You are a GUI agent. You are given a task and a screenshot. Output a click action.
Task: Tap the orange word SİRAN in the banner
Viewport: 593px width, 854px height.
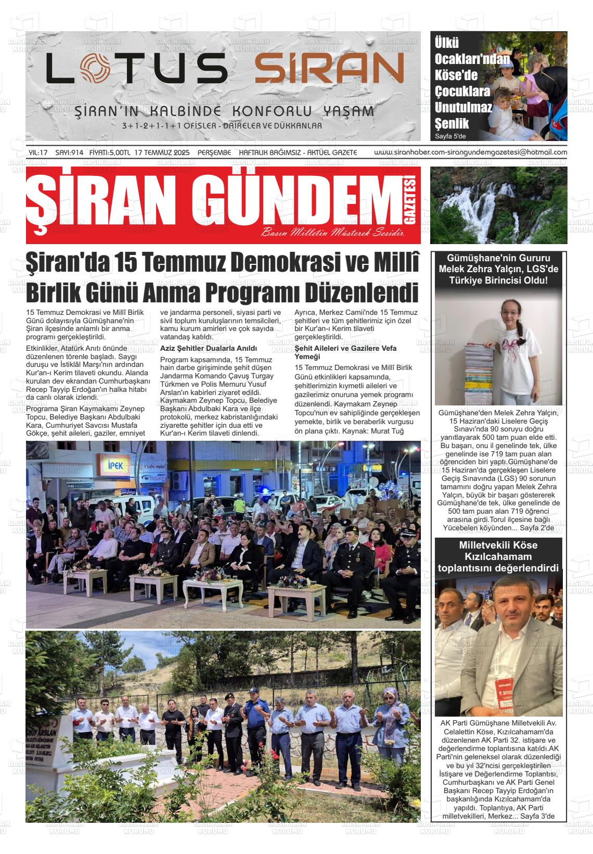(x=329, y=69)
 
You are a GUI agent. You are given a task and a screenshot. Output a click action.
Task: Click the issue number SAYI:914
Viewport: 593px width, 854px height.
(x=70, y=152)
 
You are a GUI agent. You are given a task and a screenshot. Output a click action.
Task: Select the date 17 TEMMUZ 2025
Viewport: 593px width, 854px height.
(x=162, y=152)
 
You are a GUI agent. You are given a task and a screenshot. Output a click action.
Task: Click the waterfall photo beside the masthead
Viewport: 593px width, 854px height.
(x=498, y=205)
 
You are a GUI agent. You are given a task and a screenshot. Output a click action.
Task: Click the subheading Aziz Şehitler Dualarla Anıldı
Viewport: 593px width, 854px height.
(x=209, y=348)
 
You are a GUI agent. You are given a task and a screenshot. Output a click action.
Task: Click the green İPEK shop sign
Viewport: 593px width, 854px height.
(x=114, y=465)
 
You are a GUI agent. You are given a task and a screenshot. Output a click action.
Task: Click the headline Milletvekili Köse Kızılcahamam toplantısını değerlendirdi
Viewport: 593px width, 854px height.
(x=498, y=556)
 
